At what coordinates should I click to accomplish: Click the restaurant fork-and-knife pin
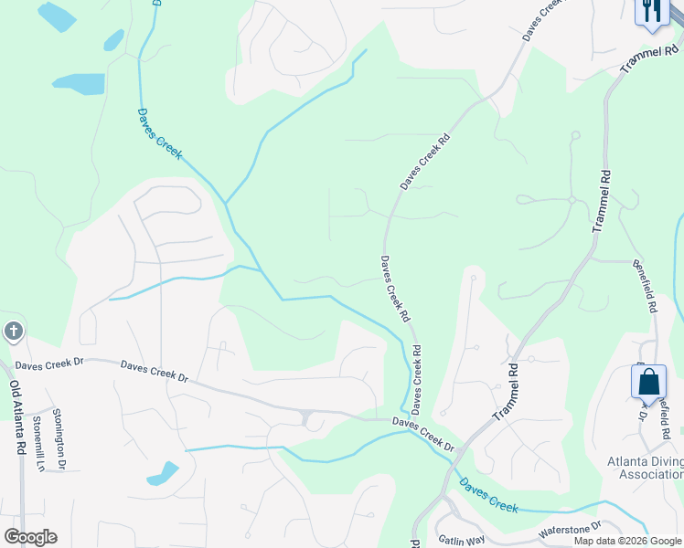651,11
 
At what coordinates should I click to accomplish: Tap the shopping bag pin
648,381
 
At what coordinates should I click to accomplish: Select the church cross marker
13,331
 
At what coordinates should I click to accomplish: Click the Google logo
30,537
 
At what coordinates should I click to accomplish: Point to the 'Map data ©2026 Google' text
627,541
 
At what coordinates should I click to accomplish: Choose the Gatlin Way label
460,540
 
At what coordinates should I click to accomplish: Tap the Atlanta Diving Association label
646,467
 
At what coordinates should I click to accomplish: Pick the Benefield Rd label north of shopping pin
646,286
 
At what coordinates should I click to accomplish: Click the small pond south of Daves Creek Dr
163,474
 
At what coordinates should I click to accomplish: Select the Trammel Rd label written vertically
602,200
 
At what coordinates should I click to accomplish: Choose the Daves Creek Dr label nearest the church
49,363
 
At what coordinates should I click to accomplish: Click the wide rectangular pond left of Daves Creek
79,84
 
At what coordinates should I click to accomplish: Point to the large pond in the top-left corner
57,16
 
